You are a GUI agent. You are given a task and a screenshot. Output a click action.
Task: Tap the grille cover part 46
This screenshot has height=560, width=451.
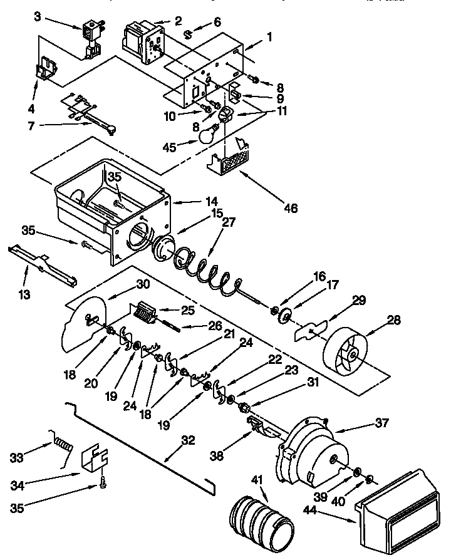coord(229,155)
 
